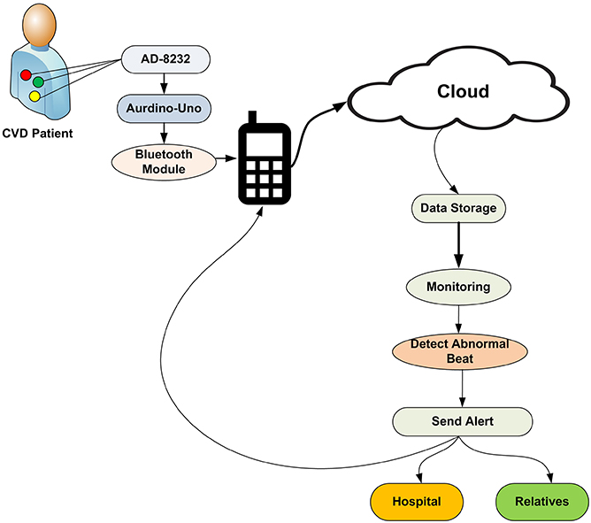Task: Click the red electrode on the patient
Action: [x=27, y=74]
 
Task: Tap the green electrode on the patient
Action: [x=38, y=82]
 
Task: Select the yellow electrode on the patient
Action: [x=35, y=96]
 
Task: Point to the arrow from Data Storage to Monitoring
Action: [x=458, y=248]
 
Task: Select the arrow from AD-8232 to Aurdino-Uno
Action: [x=163, y=84]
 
